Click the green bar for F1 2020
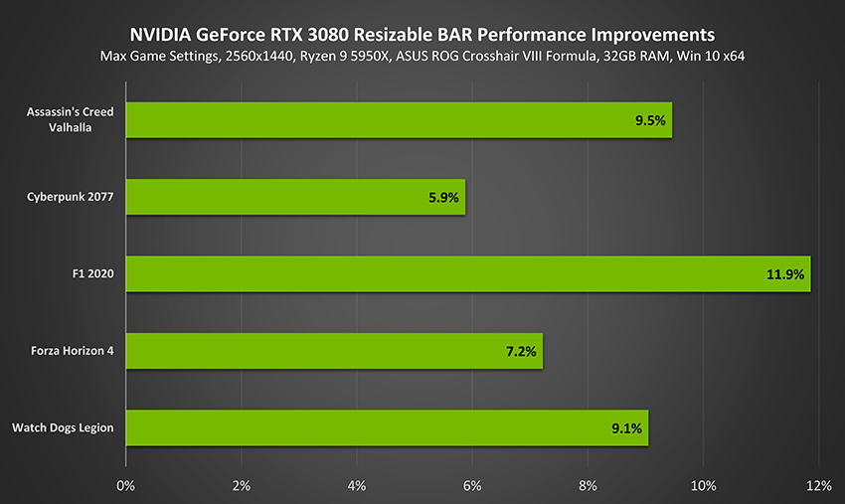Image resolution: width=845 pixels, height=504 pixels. pyautogui.click(x=467, y=274)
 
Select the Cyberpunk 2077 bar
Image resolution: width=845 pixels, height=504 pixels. pyautogui.click(x=295, y=197)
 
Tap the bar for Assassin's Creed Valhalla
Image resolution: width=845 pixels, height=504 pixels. pyautogui.click(x=399, y=120)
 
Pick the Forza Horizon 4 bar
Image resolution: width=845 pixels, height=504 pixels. pyautogui.click(x=334, y=351)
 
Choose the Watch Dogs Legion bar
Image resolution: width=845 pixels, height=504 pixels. pyautogui.click(x=387, y=427)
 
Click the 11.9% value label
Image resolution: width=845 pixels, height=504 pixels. pyautogui.click(x=784, y=274)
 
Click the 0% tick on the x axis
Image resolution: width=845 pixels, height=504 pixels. pyautogui.click(x=125, y=485)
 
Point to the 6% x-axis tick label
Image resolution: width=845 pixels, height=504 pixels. pyautogui.click(x=472, y=485)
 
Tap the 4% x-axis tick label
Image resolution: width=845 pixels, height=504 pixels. pyautogui.click(x=357, y=485)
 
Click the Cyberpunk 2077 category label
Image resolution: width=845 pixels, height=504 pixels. pyautogui.click(x=70, y=197)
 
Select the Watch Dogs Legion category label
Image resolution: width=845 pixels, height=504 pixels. pyautogui.click(x=63, y=427)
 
